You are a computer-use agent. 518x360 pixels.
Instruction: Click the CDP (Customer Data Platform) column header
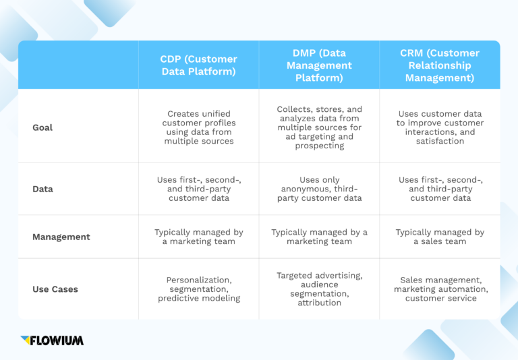point(198,65)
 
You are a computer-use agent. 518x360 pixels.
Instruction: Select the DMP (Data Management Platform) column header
point(319,65)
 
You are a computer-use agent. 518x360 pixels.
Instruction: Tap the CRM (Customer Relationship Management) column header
point(440,65)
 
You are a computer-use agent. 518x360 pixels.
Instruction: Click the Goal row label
point(42,127)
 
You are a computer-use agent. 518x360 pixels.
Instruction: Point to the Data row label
point(42,189)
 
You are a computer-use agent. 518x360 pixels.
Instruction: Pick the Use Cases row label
point(55,289)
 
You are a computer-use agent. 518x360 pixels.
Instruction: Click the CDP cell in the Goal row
point(198,127)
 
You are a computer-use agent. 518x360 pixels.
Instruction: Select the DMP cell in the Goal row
point(319,127)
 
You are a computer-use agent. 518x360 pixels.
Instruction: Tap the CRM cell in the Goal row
point(440,127)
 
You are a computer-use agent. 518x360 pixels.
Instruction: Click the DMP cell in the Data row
point(319,189)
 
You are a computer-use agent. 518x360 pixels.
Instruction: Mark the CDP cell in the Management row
point(198,237)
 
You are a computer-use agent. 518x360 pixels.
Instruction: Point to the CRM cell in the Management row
point(440,237)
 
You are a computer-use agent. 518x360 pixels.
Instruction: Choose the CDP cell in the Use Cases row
point(198,289)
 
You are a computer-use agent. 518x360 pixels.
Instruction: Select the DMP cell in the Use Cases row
point(319,289)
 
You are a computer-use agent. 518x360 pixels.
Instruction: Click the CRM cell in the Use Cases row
point(440,289)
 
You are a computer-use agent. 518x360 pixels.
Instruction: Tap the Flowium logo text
point(52,341)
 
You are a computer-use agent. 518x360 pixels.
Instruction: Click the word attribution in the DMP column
point(319,303)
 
